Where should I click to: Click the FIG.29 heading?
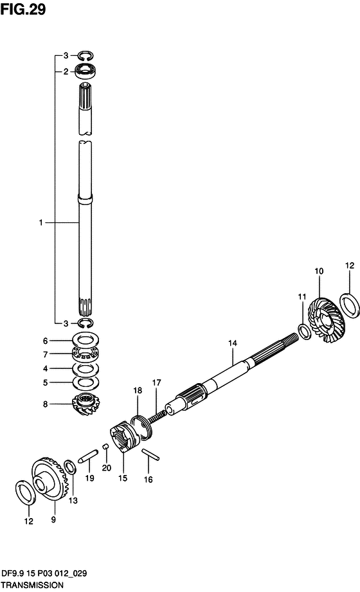tap(22, 9)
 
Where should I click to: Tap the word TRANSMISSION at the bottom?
tap(32, 585)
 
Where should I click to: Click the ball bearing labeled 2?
tap(85, 71)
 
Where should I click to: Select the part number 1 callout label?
tap(40, 222)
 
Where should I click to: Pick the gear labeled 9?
tap(48, 480)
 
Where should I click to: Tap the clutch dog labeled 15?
tap(125, 436)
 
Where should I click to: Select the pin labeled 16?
tap(150, 454)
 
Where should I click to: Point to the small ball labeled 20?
tap(106, 447)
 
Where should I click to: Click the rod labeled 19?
tap(88, 456)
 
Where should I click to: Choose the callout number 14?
tap(232, 343)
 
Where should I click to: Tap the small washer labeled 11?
tap(305, 332)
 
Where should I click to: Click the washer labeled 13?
tap(70, 467)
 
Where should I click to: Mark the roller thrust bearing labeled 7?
tap(85, 354)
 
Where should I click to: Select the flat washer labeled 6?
tap(85, 340)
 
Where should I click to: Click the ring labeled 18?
tap(141, 426)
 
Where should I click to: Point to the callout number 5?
tap(46, 382)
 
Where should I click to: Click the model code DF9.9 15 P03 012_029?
tap(44, 573)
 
